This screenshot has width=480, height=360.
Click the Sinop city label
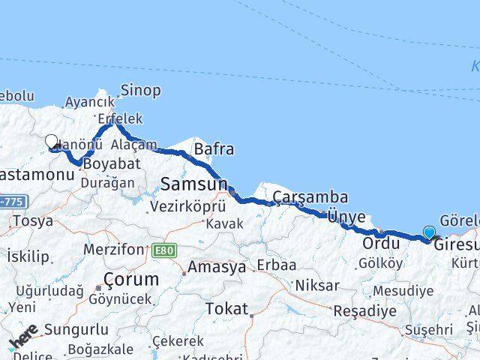coord(140,91)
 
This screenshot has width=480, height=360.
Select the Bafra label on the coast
coord(214,149)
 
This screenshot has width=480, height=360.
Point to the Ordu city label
coord(379,244)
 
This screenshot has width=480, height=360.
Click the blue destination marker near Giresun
coord(429,233)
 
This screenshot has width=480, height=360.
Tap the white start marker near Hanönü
coord(51,141)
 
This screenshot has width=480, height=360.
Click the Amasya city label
coord(216,267)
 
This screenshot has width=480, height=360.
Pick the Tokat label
coord(226,307)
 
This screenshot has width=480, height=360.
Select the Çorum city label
coord(132,279)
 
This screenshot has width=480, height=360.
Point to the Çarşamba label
coord(310,197)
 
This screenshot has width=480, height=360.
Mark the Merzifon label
coord(113,249)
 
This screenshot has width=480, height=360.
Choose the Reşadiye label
coord(361,310)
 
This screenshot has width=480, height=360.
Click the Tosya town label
coord(31,221)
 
